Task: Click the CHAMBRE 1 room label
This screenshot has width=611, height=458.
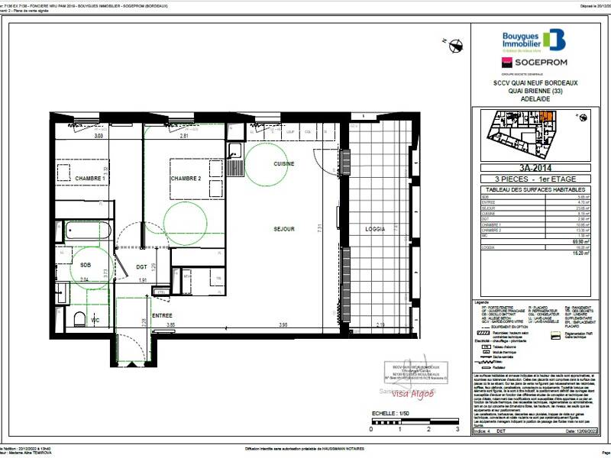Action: coord(89,178)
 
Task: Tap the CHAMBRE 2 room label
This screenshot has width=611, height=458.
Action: coord(186,178)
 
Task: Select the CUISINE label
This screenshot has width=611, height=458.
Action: coord(284,164)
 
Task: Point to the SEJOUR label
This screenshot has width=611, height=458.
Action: coord(284,228)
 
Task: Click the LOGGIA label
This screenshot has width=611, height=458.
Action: coord(375,228)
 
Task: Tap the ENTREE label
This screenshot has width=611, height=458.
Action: coord(162,314)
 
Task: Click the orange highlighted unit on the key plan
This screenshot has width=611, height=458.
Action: coord(547,117)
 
